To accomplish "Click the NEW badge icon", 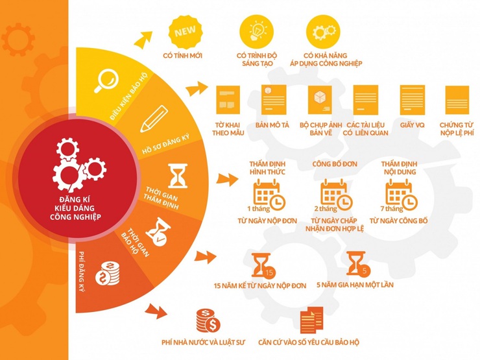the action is pos(186,32).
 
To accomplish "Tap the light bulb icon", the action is pos(256,31).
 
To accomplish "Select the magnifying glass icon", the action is pos(106,80).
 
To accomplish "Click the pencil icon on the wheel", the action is pos(154,119).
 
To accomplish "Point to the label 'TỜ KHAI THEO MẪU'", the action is pos(228,129).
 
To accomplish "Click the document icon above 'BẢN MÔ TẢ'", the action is pos(274,100).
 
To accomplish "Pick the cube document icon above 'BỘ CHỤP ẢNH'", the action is pos(320,100).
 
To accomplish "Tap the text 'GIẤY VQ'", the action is pos(412,125).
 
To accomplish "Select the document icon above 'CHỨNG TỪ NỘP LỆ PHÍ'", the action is pos(457,100).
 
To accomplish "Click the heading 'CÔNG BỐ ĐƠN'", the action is pos(335,164).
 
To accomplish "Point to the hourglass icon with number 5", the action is pos(358,264).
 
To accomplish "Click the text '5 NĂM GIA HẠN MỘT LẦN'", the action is pos(355,285).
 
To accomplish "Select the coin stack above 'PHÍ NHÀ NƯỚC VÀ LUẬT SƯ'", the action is pos(208,320).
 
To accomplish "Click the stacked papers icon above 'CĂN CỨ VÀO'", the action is pos(311,320).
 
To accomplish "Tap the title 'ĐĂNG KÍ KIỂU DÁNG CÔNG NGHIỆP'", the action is pos(75,208).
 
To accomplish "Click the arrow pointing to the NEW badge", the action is pos(143,39).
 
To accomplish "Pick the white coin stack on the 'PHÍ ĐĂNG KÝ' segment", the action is pos(108,274).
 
